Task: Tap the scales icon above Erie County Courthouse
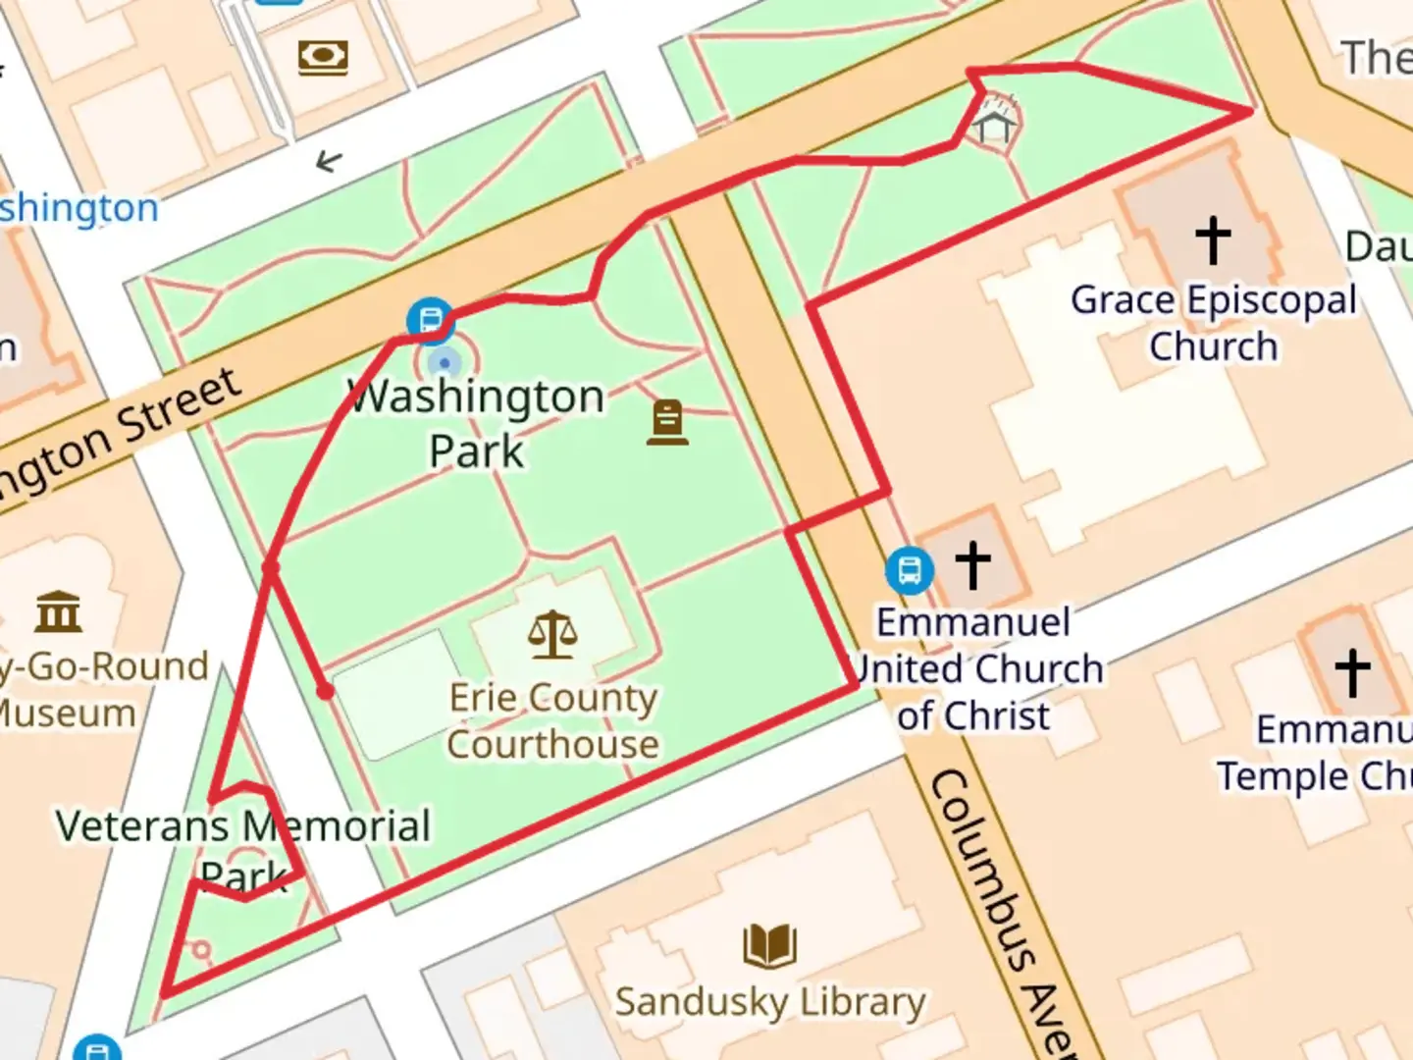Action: click(x=552, y=635)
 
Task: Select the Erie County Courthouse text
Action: click(x=552, y=720)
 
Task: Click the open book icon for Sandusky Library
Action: click(x=770, y=945)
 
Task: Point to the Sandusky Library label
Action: click(x=770, y=1002)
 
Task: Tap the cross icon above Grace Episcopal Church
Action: click(x=1213, y=239)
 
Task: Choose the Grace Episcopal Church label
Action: click(x=1214, y=323)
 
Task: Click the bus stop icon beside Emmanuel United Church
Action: click(x=909, y=570)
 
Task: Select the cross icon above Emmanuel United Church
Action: click(x=972, y=565)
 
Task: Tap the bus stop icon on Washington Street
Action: click(x=430, y=320)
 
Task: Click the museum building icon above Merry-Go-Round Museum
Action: click(x=58, y=611)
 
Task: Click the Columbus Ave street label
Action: click(x=1001, y=913)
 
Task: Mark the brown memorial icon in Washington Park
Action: click(x=667, y=423)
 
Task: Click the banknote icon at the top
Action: click(x=324, y=57)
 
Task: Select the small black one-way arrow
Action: click(x=329, y=161)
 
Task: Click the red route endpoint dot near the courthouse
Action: click(x=325, y=692)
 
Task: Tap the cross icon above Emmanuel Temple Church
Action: click(x=1352, y=672)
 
